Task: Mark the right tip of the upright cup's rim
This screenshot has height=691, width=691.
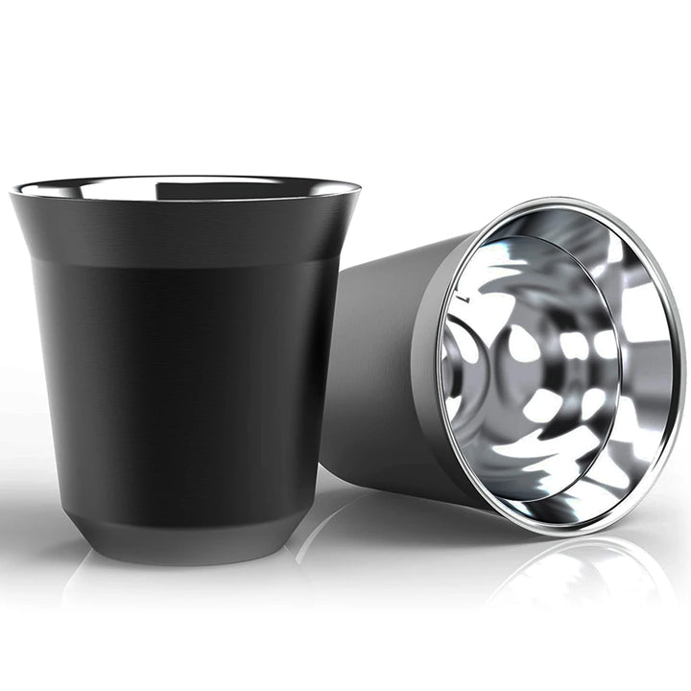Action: pos(360,189)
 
